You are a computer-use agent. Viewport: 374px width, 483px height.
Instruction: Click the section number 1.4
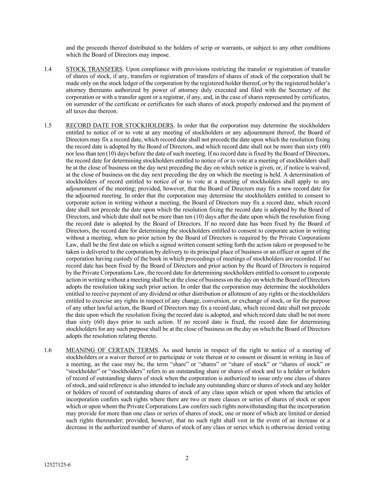[48, 69]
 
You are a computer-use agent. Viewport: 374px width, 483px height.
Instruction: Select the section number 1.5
[48, 126]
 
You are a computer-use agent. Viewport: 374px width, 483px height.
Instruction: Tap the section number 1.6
[48, 350]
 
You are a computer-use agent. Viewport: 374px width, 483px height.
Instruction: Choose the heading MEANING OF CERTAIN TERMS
[112, 350]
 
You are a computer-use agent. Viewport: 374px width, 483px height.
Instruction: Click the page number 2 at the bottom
[187, 459]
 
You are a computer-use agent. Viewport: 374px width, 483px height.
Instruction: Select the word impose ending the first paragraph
[161, 55]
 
